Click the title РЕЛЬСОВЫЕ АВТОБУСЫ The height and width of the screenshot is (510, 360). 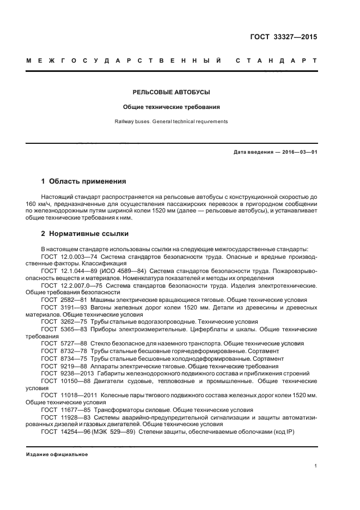click(x=172, y=92)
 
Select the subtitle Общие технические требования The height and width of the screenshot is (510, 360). click(x=172, y=107)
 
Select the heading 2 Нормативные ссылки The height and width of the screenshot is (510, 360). click(x=85, y=234)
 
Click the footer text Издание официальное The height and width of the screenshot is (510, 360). click(x=57, y=454)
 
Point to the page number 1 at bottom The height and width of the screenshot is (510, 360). click(x=316, y=466)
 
